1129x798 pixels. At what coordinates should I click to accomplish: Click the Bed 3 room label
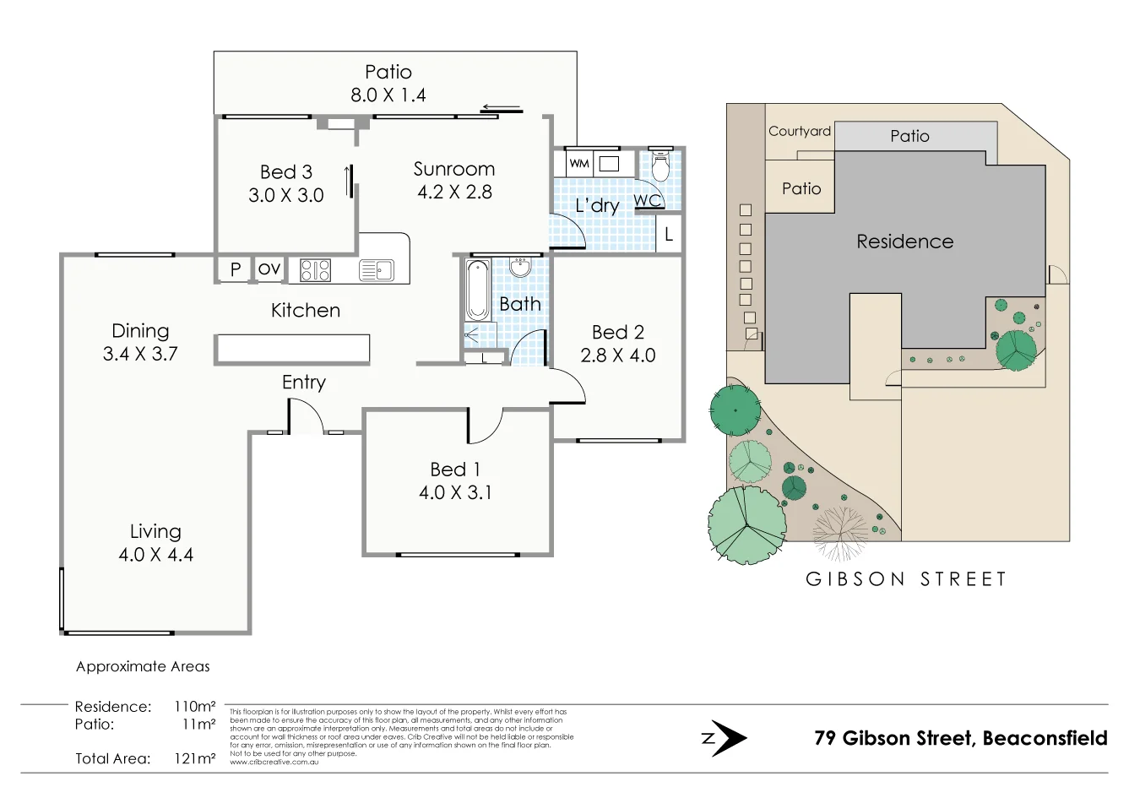click(x=286, y=172)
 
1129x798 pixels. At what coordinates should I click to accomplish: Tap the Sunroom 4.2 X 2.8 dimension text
click(x=454, y=193)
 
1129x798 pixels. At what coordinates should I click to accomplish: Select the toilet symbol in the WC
click(x=659, y=168)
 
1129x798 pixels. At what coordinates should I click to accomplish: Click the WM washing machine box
click(x=578, y=164)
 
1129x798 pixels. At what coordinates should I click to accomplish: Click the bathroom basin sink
click(x=520, y=268)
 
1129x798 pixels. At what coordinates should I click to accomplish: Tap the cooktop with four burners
click(x=315, y=269)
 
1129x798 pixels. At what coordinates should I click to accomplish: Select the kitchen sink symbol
click(x=376, y=269)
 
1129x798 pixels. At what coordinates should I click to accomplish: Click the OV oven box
click(x=269, y=269)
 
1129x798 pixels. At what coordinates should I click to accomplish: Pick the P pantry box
click(x=236, y=269)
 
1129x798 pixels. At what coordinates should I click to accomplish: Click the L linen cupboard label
click(x=669, y=235)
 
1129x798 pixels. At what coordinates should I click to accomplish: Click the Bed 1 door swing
click(x=485, y=426)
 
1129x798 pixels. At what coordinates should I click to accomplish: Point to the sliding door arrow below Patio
click(x=502, y=108)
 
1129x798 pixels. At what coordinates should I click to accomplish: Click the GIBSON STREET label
click(x=906, y=579)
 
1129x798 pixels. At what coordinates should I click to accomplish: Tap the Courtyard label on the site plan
click(x=799, y=131)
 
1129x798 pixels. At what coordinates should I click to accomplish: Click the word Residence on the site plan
click(x=904, y=242)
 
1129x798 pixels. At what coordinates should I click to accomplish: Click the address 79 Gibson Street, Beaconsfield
click(x=960, y=738)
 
